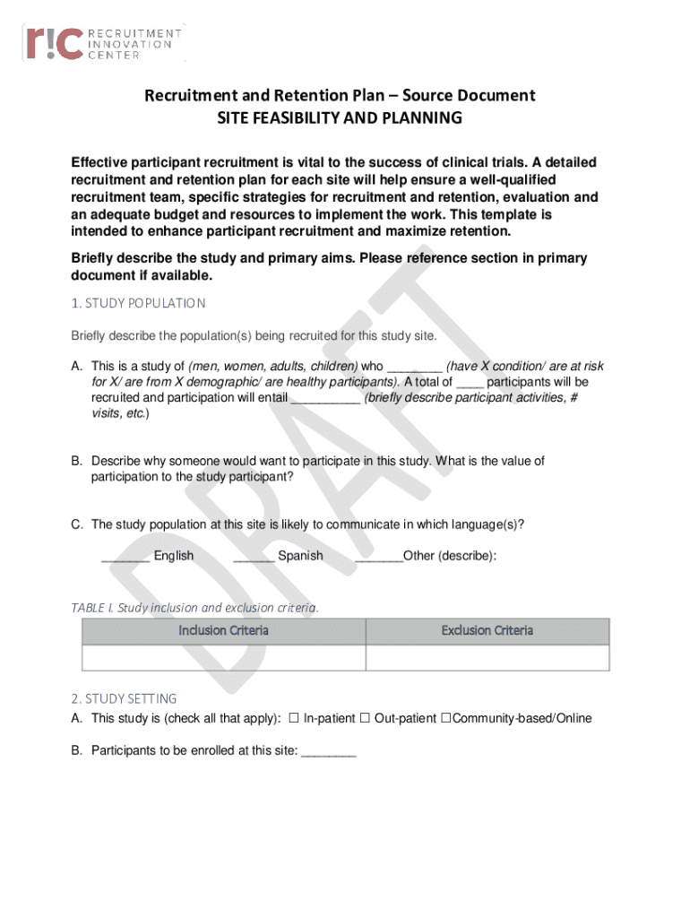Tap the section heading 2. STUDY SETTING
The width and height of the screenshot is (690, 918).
point(124,698)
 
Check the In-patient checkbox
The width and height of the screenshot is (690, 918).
point(293,718)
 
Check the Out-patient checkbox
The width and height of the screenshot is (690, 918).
point(365,718)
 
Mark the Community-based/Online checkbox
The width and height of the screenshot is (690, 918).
point(444,718)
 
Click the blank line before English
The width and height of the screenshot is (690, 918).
point(125,557)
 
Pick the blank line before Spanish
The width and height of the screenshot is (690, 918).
point(254,557)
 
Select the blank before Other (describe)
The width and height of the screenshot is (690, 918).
point(379,557)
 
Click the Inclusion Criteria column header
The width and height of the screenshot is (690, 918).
point(223,630)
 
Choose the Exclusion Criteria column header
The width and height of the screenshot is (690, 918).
point(487,630)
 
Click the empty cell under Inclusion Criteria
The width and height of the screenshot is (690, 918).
point(223,657)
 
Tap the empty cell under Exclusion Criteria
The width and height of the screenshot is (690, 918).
point(487,657)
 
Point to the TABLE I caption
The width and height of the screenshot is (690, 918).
point(194,607)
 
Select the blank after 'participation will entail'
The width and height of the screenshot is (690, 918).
point(326,398)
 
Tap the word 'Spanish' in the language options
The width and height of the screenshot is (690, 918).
point(300,556)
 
